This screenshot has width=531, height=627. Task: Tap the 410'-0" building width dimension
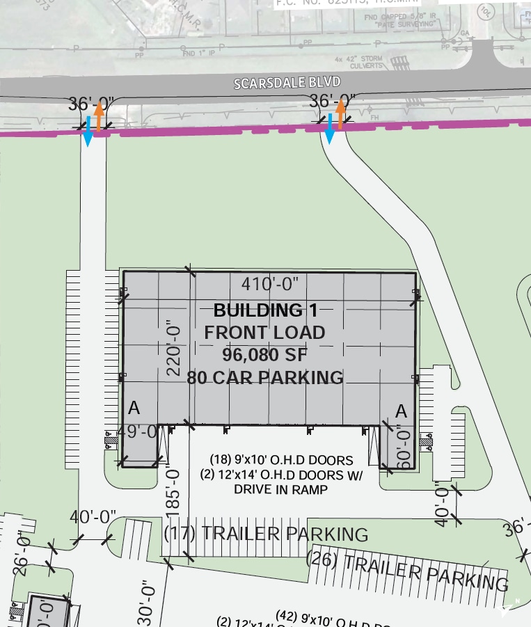coord(270,284)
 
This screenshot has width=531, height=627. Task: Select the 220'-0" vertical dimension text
coord(173,351)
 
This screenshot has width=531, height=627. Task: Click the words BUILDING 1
coord(265,310)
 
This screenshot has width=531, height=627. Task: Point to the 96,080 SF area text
coord(265,355)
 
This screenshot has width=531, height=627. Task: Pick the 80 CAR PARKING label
coord(265,378)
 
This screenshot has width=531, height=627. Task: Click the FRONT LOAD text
coord(265,333)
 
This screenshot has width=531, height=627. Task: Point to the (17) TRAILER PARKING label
coord(266,534)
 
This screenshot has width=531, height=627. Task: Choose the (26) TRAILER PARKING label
coord(408,569)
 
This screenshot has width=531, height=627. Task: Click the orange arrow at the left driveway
coord(99,115)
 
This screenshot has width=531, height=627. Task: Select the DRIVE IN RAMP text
coord(281,490)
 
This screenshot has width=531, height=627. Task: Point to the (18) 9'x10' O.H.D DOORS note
coord(281,461)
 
